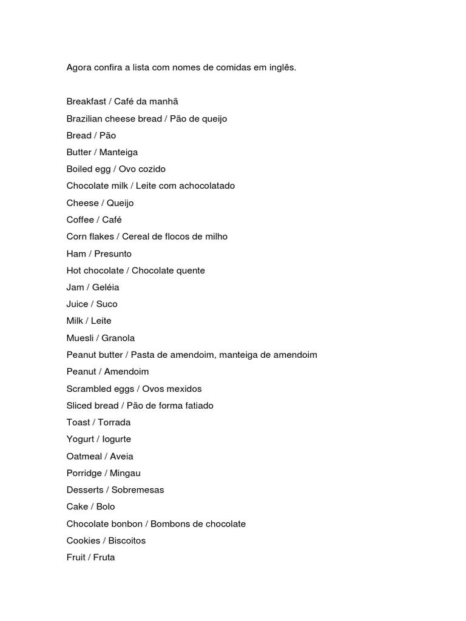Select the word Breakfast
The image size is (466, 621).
pyautogui.click(x=86, y=101)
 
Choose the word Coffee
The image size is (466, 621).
pyautogui.click(x=81, y=220)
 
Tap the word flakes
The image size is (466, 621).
pyautogui.click(x=101, y=237)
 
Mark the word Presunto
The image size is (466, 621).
pyautogui.click(x=113, y=253)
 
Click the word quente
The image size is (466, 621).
pyautogui.click(x=191, y=270)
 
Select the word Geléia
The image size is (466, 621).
pyautogui.click(x=106, y=287)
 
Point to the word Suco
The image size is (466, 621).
pyautogui.click(x=107, y=304)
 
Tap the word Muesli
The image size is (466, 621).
pyautogui.click(x=80, y=338)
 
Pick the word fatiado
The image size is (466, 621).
pyautogui.click(x=197, y=405)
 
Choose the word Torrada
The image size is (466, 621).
pyautogui.click(x=114, y=422)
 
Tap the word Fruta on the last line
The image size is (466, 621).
pyautogui.click(x=104, y=557)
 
